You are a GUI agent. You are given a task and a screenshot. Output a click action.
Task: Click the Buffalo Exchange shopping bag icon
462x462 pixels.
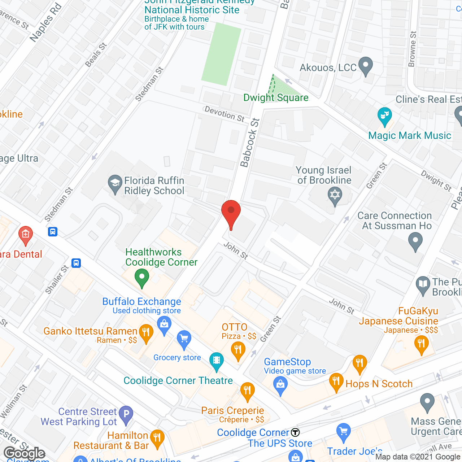click(x=164, y=324)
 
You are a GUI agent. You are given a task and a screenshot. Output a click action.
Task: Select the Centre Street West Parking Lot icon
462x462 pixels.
click(x=126, y=414)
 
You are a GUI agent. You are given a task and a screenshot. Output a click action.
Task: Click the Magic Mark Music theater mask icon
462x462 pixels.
click(x=385, y=115)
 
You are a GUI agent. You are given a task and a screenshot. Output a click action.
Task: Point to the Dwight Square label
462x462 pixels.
click(x=276, y=97)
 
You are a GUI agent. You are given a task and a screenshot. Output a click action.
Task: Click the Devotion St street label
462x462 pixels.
click(x=224, y=114)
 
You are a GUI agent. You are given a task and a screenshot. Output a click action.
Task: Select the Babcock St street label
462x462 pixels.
click(x=250, y=143)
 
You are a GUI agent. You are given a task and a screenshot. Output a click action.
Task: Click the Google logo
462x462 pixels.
click(x=24, y=453)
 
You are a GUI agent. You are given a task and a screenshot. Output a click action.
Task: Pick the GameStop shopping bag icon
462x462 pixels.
click(x=280, y=385)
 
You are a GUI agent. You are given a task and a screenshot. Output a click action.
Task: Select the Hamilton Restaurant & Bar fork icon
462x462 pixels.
click(x=157, y=437)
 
